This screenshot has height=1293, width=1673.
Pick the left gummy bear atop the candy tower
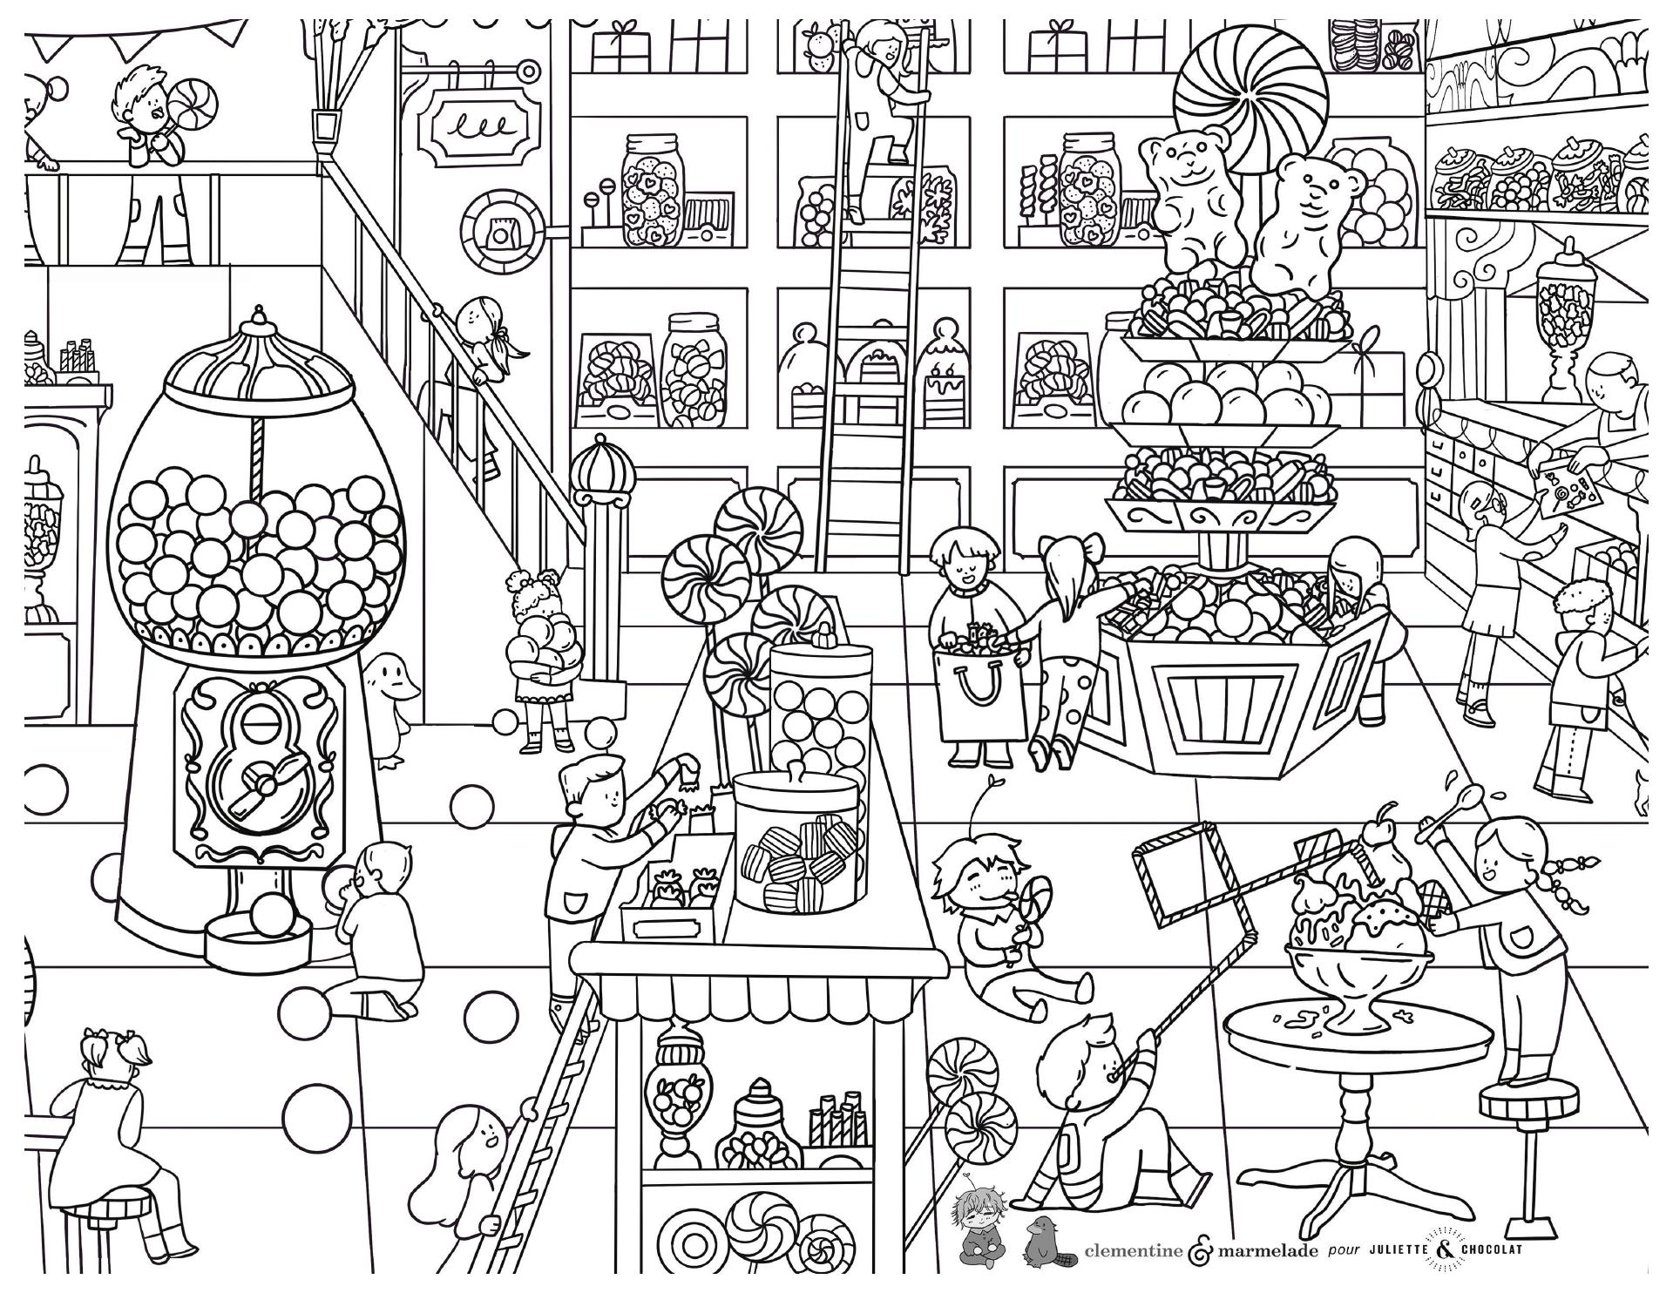point(1188,200)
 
